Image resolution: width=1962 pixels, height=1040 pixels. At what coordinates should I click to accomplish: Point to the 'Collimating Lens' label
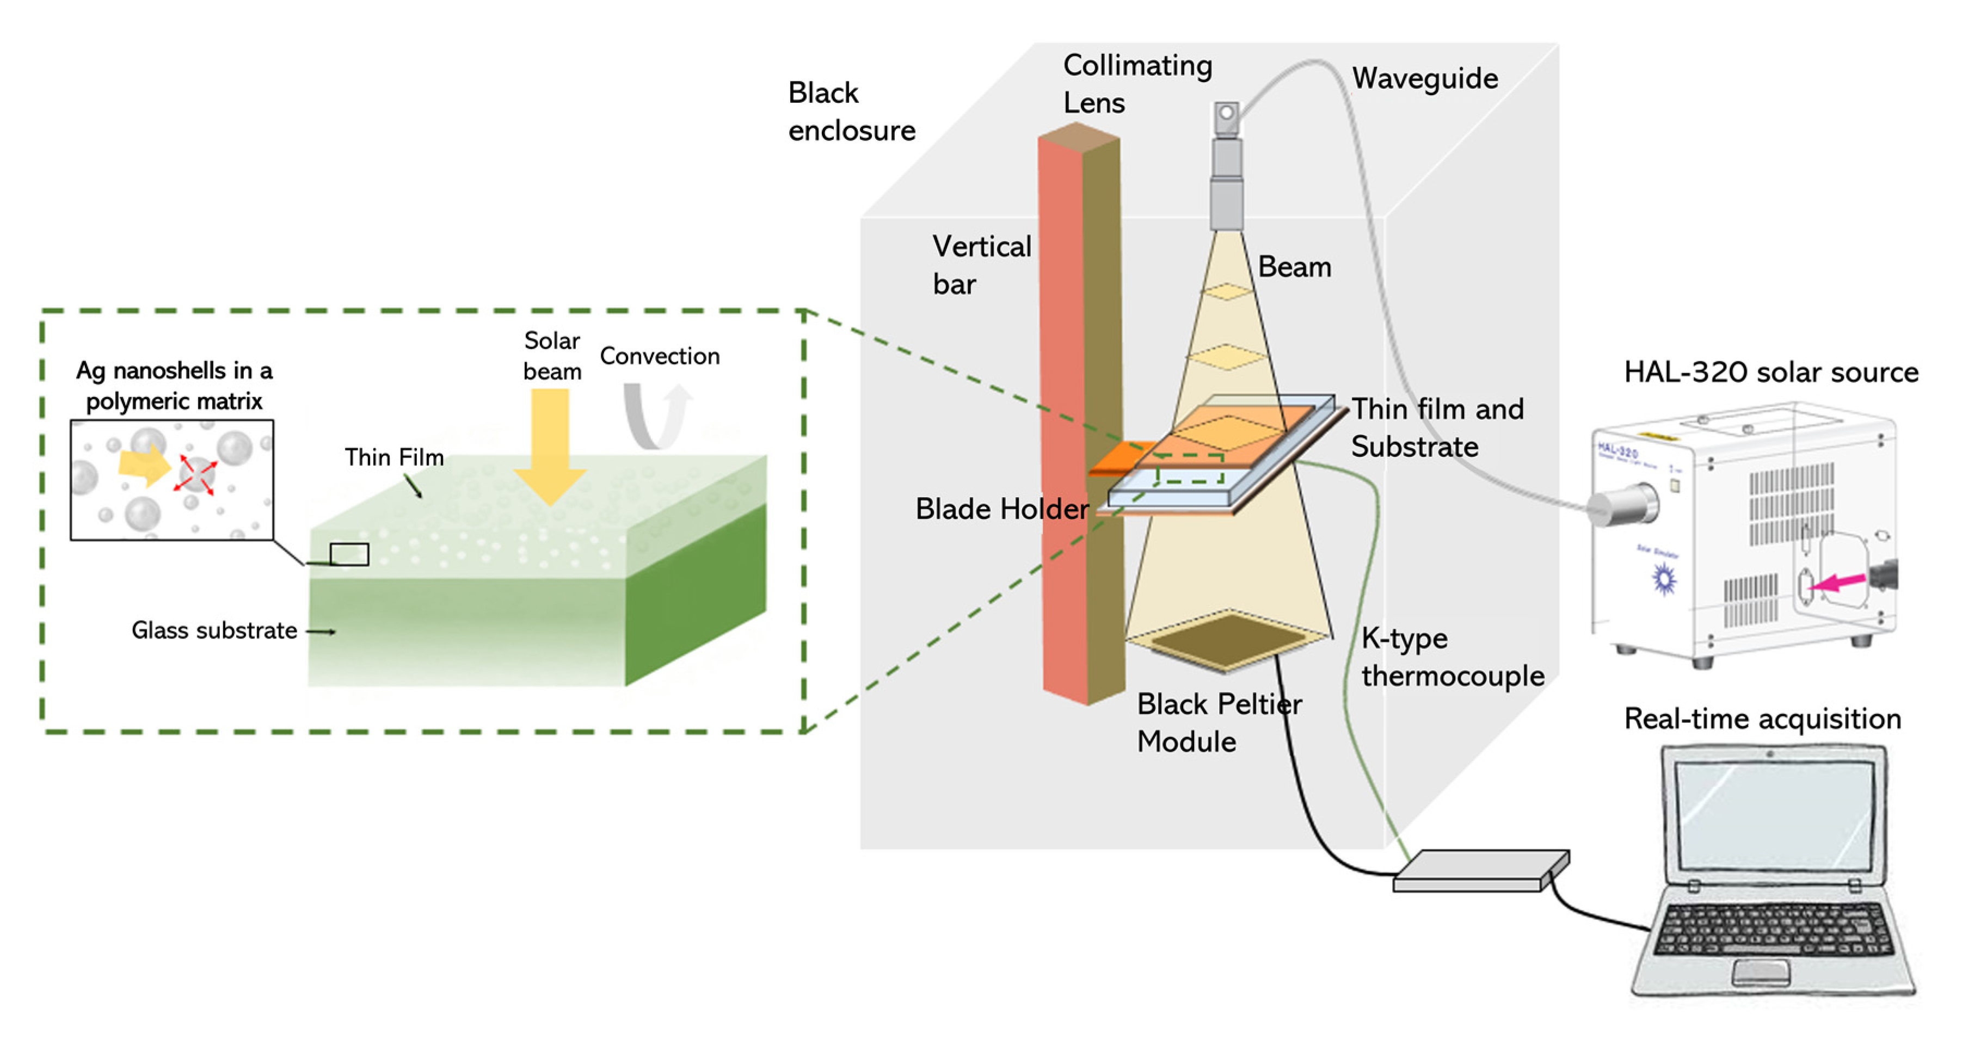tap(1136, 84)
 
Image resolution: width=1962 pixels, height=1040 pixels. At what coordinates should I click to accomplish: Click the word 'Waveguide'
tap(1424, 78)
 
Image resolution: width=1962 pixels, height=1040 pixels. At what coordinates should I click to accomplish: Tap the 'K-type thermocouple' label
tap(1451, 657)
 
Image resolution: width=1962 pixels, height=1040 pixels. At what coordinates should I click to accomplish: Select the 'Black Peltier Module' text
tap(1219, 722)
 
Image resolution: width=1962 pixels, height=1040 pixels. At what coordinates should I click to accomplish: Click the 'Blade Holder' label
tap(1001, 509)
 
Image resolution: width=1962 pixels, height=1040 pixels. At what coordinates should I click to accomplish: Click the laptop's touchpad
tap(1760, 971)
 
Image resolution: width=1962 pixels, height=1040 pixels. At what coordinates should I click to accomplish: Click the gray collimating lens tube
tap(1226, 183)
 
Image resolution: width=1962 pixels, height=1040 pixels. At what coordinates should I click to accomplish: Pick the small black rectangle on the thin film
tap(349, 554)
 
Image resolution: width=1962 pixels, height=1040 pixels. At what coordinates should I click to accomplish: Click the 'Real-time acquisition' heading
tap(1762, 719)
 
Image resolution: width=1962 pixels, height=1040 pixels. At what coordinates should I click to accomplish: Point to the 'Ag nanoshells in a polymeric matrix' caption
tap(174, 385)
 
